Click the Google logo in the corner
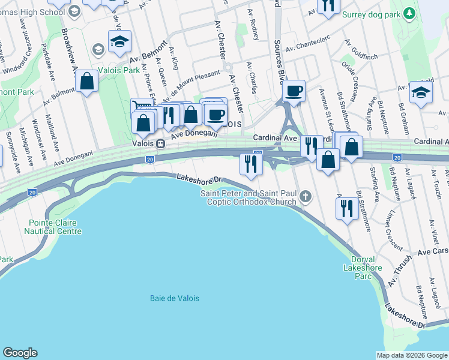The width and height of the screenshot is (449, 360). [x=20, y=353]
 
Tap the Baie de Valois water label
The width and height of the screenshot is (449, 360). [x=174, y=298]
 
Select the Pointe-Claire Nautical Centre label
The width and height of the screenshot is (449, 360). [x=53, y=227]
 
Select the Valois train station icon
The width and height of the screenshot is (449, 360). [x=161, y=144]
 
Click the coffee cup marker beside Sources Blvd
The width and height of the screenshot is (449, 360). [x=294, y=91]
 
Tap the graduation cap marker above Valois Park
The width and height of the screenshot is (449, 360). [x=119, y=41]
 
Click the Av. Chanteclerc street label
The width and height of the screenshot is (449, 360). [x=309, y=46]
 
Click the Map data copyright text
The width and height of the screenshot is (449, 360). [x=411, y=355]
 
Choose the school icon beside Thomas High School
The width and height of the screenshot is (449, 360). [x=74, y=11]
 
